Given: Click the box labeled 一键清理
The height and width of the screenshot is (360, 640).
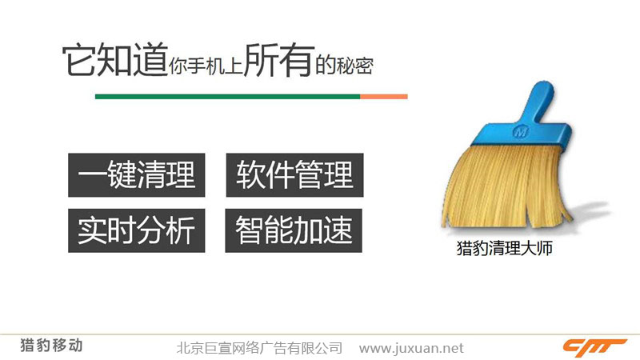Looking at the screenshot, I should pyautogui.click(x=136, y=175).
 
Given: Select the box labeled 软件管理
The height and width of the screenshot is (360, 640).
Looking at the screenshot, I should pyautogui.click(x=294, y=175).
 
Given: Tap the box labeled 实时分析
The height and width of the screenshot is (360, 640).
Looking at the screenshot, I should pyautogui.click(x=136, y=230).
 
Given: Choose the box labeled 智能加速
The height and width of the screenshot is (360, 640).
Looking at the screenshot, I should pyautogui.click(x=294, y=230).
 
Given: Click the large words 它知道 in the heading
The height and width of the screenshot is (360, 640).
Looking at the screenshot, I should pyautogui.click(x=114, y=60).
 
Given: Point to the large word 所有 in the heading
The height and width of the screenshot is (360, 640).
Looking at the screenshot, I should pyautogui.click(x=278, y=60).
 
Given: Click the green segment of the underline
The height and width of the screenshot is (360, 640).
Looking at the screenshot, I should pyautogui.click(x=227, y=97).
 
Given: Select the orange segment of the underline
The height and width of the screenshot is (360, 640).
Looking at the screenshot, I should pyautogui.click(x=383, y=97).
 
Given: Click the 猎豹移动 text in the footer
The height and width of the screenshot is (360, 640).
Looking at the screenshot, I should pyautogui.click(x=51, y=346).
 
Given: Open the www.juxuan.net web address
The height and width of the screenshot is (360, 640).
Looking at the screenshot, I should pyautogui.click(x=411, y=348).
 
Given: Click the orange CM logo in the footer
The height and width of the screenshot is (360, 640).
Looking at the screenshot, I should pyautogui.click(x=594, y=346).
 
